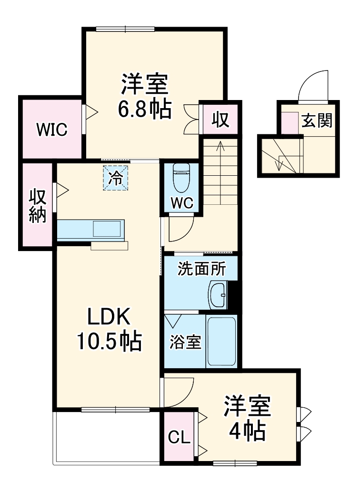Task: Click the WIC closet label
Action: coord(52,130)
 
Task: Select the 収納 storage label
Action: coord(38,206)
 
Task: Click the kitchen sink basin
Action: coord(108,229)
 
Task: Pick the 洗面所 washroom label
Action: coord(201,269)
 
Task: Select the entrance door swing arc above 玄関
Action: coord(314,86)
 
